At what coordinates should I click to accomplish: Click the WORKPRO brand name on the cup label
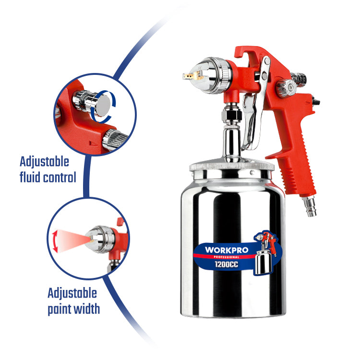click(227, 250)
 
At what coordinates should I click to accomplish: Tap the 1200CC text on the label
click(227, 264)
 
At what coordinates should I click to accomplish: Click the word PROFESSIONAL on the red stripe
click(227, 257)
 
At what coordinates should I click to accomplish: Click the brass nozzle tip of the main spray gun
click(191, 76)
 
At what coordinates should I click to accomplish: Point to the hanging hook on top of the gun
click(247, 53)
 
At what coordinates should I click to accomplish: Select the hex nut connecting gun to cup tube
click(231, 114)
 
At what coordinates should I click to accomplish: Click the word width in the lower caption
click(86, 309)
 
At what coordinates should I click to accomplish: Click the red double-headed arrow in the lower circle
click(55, 241)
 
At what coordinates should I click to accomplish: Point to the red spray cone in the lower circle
click(73, 240)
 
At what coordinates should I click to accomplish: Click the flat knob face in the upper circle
click(103, 105)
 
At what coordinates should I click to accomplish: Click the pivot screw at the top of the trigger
click(267, 60)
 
